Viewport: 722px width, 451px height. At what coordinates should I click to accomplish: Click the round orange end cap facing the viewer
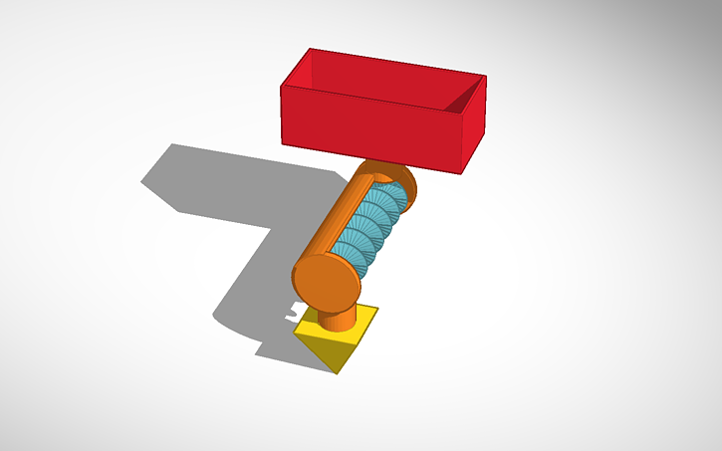point(325,281)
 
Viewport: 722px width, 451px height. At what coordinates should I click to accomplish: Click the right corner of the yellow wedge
point(378,309)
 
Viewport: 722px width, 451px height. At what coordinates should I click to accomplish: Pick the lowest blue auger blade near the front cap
point(359,261)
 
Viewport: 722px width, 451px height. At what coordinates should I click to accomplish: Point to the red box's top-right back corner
point(486,76)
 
